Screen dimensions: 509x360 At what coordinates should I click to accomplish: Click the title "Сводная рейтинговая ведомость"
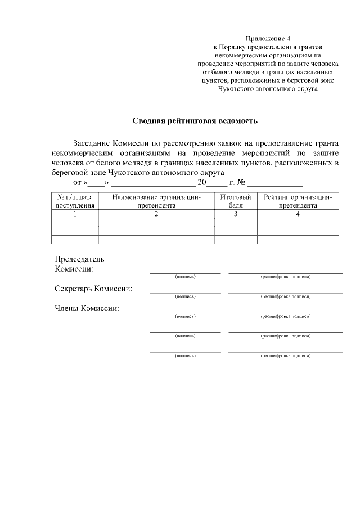pos(195,120)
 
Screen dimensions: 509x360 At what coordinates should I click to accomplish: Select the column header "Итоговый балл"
pos(236,201)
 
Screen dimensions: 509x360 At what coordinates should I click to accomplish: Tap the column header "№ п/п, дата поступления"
pos(75,201)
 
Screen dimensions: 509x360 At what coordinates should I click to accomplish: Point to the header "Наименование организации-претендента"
pos(156,201)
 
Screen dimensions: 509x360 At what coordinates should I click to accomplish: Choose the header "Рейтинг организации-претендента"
pos(298,201)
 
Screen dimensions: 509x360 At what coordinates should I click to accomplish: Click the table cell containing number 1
pos(75,214)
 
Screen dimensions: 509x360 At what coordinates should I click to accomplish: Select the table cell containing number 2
pos(156,214)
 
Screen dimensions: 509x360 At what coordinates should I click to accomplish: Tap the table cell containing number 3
pos(236,214)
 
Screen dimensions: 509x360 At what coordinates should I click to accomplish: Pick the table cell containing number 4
pos(298,214)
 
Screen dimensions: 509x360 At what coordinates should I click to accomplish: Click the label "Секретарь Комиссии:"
pos(94,289)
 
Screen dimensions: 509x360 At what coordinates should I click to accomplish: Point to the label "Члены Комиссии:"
pos(87,308)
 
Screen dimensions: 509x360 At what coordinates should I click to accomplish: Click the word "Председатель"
pos(79,259)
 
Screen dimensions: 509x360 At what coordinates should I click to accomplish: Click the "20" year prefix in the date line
pos(202,183)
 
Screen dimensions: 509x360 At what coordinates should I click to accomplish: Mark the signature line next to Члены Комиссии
pos(185,312)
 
